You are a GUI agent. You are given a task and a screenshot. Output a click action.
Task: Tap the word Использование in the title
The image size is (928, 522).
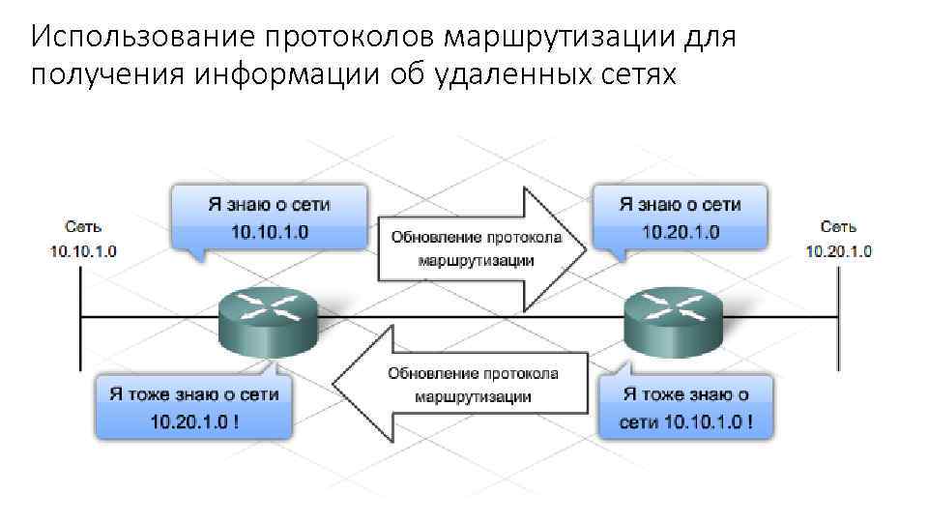141,38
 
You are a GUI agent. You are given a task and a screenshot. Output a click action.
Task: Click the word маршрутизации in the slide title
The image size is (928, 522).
566,38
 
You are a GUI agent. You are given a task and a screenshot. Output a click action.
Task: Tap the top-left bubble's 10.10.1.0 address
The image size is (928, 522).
270,232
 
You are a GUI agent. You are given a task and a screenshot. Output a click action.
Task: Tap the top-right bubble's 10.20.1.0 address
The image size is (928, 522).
681,232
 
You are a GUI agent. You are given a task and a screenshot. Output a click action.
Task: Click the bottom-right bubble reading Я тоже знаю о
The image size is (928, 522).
685,394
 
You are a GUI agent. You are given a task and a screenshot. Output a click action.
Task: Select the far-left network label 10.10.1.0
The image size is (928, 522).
83,251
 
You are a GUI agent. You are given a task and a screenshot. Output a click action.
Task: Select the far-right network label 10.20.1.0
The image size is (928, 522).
838,251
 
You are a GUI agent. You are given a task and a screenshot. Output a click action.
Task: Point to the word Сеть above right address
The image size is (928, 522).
838,227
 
